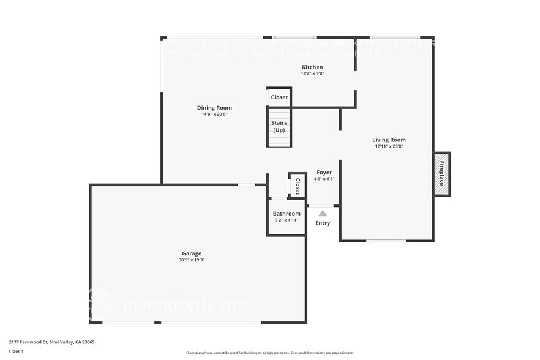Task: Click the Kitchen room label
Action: coord(312,67)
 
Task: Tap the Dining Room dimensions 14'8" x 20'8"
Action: coord(214,114)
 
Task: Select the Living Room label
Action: coord(389,140)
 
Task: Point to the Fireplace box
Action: coord(442,174)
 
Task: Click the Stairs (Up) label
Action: coord(279,126)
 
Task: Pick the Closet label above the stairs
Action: coord(279,97)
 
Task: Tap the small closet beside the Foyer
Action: coord(298,186)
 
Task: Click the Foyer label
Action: coord(324,173)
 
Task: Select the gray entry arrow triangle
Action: coord(323,213)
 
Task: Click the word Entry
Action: coord(323,223)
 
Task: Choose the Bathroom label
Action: coord(287,213)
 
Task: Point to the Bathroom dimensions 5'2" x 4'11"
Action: coord(287,220)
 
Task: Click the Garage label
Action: coord(192,253)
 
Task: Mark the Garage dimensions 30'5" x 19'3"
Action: coord(192,260)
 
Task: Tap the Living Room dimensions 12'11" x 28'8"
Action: coord(389,146)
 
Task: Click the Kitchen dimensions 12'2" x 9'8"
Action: coord(312,73)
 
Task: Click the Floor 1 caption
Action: coord(17,351)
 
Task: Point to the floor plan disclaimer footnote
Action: coord(269,353)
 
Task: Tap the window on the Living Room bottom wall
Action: coord(386,241)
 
